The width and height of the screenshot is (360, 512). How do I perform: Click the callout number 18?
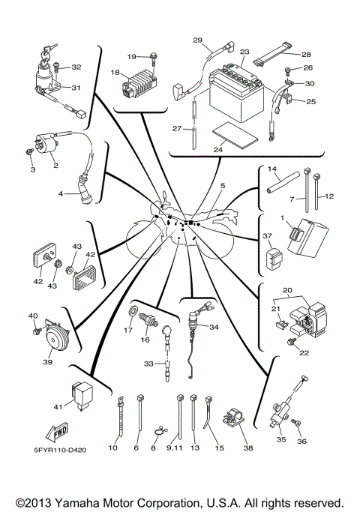(115, 73)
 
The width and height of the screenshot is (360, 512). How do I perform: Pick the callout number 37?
(266, 236)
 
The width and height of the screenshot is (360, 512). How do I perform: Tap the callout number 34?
(214, 327)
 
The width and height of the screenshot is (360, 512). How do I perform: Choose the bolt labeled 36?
(298, 425)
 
